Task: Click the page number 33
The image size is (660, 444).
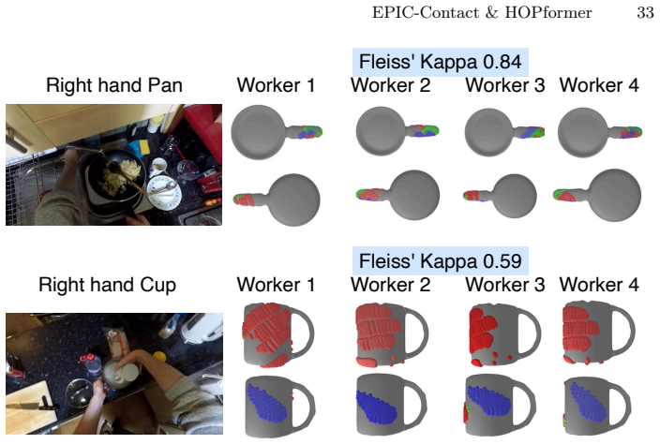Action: pos(645,12)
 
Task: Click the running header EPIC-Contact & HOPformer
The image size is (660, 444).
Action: pos(482,12)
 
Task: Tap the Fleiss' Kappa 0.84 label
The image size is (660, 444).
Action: pos(441,62)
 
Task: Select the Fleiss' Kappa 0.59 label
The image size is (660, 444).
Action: pos(441,261)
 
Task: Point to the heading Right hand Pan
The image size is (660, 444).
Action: pos(114,85)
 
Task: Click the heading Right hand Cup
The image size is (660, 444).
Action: pos(107,285)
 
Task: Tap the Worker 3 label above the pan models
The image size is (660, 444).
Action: pos(505,85)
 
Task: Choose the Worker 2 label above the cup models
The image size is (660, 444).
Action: pos(391,285)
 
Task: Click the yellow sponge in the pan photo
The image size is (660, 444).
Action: pos(145,147)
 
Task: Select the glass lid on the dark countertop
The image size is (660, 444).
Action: pos(78,392)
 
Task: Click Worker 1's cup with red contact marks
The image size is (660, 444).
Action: pos(278,334)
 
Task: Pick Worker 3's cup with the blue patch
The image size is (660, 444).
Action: pos(501,405)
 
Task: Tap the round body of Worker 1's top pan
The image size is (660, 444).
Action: pos(259,132)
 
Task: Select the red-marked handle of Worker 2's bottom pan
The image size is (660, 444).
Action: pos(370,195)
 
